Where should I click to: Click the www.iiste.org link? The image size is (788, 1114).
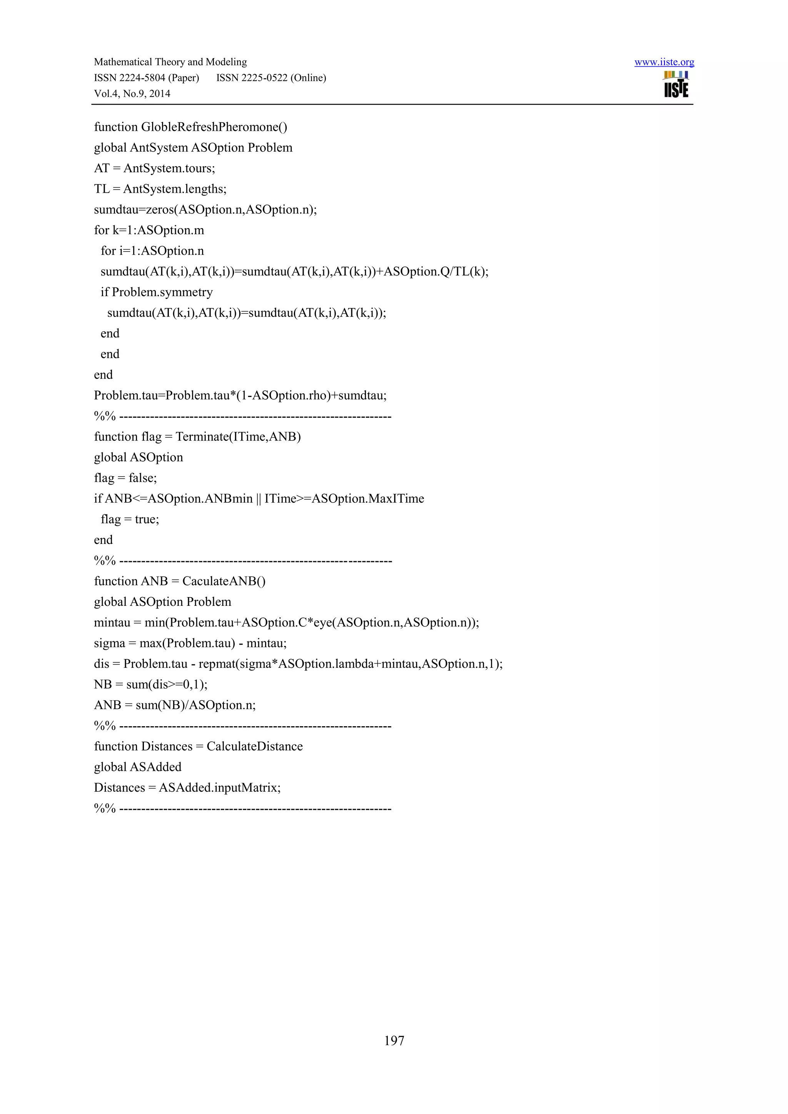click(664, 62)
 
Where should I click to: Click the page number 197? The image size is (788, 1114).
click(394, 1040)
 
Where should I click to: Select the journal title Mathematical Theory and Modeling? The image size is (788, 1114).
click(170, 62)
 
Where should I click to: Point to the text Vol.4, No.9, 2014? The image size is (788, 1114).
click(132, 93)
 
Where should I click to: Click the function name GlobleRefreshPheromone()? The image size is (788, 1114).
click(214, 127)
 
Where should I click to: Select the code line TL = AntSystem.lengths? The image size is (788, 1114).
click(160, 189)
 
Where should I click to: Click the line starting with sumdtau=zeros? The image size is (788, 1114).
click(205, 210)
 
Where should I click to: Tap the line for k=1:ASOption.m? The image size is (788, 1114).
click(149, 230)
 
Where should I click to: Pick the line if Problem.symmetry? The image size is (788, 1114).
click(157, 292)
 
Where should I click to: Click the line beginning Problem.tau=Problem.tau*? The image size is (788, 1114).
click(240, 395)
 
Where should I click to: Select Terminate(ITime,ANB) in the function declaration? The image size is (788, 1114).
click(238, 437)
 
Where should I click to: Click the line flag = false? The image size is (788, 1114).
click(125, 478)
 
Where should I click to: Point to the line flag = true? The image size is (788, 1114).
click(130, 519)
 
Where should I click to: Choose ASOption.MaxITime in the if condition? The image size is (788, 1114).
click(367, 499)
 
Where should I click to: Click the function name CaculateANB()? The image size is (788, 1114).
click(224, 581)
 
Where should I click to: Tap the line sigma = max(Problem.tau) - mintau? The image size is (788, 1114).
click(190, 644)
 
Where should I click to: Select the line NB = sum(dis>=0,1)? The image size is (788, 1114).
click(150, 685)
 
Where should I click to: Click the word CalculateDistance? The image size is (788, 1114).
click(254, 746)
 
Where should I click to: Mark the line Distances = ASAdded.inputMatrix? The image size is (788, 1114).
click(187, 787)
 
